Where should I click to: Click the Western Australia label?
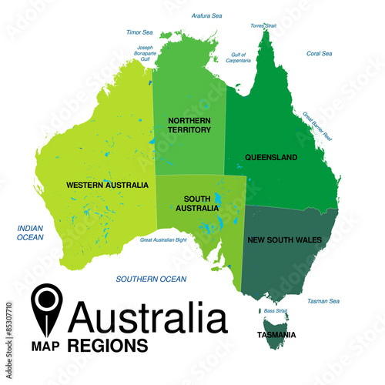click(107, 185)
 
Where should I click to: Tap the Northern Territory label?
click(189, 126)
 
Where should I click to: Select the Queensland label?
click(271, 157)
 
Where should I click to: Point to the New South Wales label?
click(284, 240)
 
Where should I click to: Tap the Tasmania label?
click(277, 335)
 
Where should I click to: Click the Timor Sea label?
click(139, 32)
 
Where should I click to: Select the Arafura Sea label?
click(206, 15)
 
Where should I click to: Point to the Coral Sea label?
click(319, 53)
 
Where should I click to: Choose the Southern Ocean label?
click(151, 279)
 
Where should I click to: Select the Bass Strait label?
click(275, 310)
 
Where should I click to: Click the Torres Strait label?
click(263, 25)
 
